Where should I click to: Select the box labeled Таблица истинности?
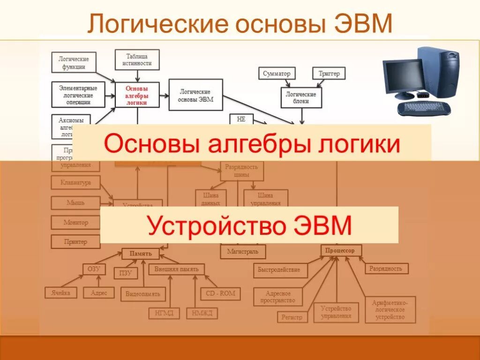click(x=136, y=60)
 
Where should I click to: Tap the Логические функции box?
click(x=74, y=62)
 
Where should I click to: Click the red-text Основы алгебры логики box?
click(x=137, y=95)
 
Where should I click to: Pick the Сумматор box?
click(x=277, y=74)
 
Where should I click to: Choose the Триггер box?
click(x=329, y=74)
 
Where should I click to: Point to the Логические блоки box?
click(x=301, y=97)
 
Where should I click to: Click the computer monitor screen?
click(x=403, y=75)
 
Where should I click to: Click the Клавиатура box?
click(x=75, y=182)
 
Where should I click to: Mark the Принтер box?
click(x=75, y=242)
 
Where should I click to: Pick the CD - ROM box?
click(x=220, y=294)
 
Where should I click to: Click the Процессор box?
click(x=341, y=251)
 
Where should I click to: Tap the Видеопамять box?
click(x=143, y=294)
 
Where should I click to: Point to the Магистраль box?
click(x=243, y=252)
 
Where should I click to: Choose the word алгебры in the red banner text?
click(x=255, y=144)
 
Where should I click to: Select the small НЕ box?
click(x=241, y=119)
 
